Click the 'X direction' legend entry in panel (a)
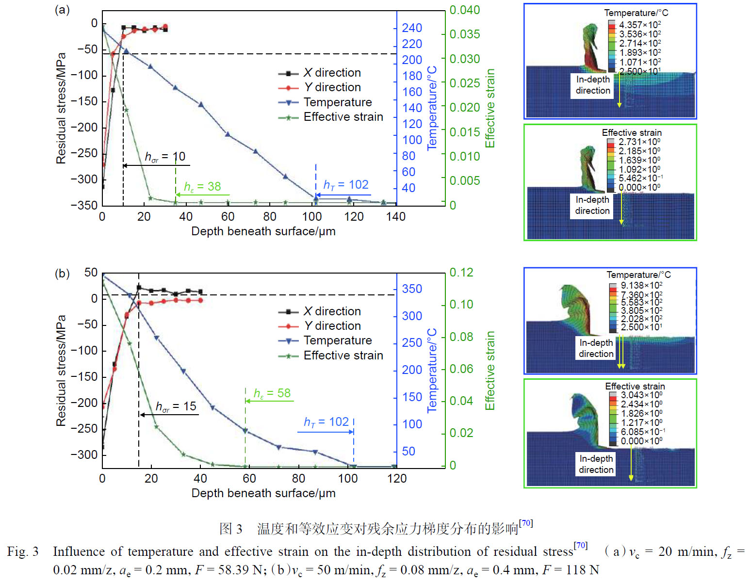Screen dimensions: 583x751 (332, 73)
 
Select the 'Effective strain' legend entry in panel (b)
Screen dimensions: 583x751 (343, 356)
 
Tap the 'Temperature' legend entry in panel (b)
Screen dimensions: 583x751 (338, 340)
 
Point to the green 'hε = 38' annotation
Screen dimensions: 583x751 (202, 187)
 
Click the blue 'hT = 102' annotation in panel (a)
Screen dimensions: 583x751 (346, 185)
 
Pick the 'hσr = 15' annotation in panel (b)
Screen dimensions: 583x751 (176, 406)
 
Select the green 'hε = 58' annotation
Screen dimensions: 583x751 (272, 393)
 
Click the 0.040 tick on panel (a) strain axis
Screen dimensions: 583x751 (464, 10)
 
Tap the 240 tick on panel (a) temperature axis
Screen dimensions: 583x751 (412, 28)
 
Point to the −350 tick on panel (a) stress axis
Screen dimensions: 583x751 (84, 205)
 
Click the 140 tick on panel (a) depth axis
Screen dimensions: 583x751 (396, 217)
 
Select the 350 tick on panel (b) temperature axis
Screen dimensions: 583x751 (412, 289)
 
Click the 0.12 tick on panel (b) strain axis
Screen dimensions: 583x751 (461, 273)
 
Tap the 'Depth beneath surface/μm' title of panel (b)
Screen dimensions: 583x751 (263, 493)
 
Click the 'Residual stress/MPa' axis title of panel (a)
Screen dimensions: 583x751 (61, 108)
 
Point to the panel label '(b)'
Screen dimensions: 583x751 (62, 274)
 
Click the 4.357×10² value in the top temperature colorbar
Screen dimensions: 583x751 (639, 25)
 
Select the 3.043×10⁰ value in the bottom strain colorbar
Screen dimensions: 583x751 (641, 395)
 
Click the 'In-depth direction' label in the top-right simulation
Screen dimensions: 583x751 (593, 85)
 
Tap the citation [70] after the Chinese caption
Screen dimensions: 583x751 (526, 523)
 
